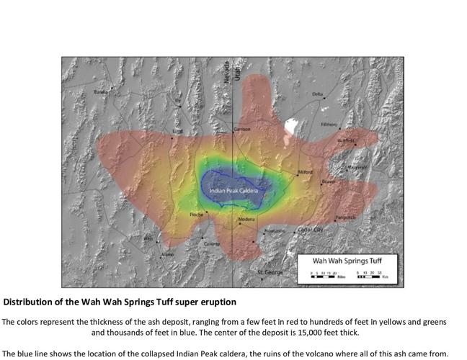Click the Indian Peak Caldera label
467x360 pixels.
click(233, 190)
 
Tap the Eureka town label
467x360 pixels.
click(100, 91)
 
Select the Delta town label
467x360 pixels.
click(318, 94)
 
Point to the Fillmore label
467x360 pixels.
click(329, 124)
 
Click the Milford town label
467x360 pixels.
click(306, 173)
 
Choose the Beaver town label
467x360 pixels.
click(329, 181)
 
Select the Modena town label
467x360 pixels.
click(246, 219)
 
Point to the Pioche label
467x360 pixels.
click(196, 214)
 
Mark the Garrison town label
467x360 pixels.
click(241, 129)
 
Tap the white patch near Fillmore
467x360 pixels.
click(292, 126)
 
